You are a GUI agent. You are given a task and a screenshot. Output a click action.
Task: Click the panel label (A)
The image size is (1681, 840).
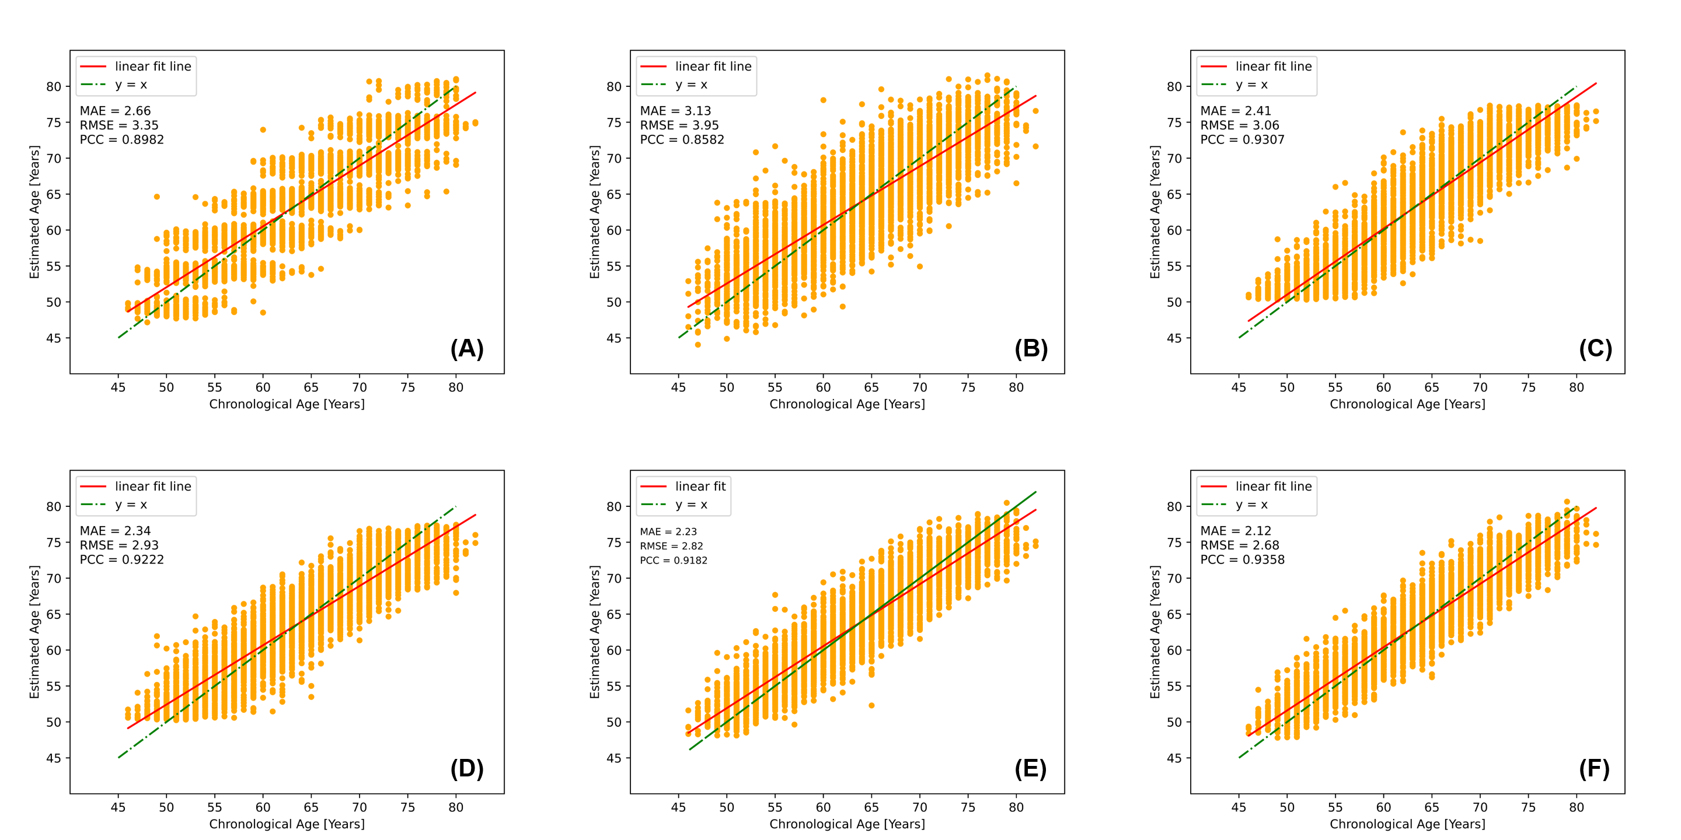(x=466, y=349)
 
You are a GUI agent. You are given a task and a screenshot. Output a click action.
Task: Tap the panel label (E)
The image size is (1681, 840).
(x=1030, y=769)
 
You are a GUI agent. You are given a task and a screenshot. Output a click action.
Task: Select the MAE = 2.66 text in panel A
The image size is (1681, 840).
(x=115, y=111)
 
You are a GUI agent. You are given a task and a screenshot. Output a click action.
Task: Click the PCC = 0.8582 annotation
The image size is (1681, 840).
(x=682, y=139)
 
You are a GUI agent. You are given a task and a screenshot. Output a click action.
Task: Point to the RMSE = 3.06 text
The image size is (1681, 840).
(x=1239, y=125)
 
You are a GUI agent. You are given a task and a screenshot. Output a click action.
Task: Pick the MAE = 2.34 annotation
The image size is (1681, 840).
(x=115, y=531)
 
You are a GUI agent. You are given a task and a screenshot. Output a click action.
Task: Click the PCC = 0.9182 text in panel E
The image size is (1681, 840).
(x=674, y=560)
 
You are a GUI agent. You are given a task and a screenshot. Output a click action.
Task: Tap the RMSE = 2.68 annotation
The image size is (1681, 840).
(x=1239, y=545)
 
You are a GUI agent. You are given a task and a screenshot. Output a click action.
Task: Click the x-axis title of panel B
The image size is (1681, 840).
(x=847, y=404)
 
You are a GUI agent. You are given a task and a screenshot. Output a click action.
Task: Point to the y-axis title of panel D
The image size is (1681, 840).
(x=34, y=632)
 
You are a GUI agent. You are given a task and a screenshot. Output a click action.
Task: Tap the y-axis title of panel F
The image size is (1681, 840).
(x=1155, y=632)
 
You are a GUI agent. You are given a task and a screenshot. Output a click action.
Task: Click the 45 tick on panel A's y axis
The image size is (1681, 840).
(x=54, y=338)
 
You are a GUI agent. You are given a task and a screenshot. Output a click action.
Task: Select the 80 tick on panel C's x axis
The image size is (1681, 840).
(x=1576, y=387)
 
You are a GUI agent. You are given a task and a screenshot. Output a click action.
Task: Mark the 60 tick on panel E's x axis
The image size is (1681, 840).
(x=823, y=807)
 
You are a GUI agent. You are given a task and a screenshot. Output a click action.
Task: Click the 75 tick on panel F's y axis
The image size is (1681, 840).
(x=1174, y=542)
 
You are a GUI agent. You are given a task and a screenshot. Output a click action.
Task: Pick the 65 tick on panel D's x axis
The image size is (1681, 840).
(x=311, y=807)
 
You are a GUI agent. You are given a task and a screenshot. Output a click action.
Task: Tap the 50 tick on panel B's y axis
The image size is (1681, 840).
(x=614, y=303)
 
